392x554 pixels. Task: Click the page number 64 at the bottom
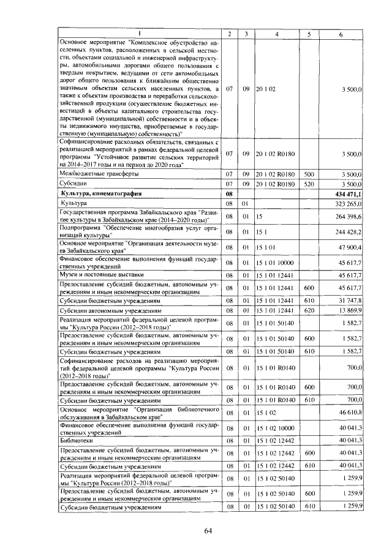tap(208, 530)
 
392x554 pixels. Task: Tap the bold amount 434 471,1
tap(345, 193)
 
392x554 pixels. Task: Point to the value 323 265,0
tap(346, 203)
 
